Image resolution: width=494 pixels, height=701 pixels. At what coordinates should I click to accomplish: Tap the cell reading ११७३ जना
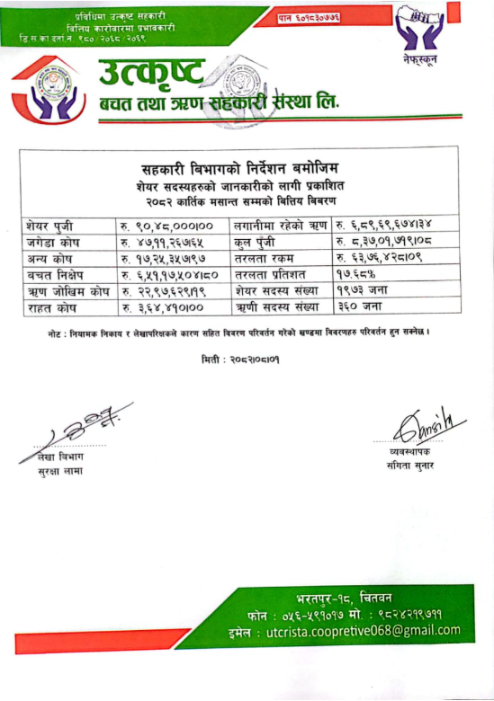[361, 291]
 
